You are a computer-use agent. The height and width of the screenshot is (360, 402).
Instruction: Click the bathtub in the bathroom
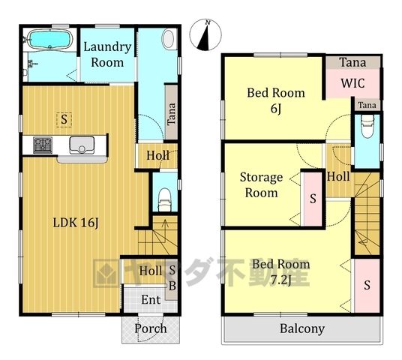click(x=50, y=39)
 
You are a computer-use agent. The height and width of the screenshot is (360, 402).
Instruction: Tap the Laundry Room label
click(x=107, y=55)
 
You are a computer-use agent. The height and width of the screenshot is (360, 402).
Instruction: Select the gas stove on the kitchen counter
click(x=43, y=145)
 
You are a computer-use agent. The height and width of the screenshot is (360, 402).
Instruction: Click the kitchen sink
click(x=82, y=145)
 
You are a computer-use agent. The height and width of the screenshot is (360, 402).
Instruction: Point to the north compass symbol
click(x=205, y=34)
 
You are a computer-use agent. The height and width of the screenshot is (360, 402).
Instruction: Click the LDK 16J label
click(x=76, y=223)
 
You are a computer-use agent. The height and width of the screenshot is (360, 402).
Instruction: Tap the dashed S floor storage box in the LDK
click(x=64, y=120)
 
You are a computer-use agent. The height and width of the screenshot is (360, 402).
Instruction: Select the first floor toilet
click(x=164, y=200)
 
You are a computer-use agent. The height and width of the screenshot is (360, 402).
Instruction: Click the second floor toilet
click(x=367, y=127)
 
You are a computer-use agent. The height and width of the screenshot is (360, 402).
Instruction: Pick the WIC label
click(x=352, y=83)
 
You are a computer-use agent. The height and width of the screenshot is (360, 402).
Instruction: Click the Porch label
click(x=151, y=328)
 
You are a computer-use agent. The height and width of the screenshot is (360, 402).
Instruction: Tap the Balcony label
click(x=302, y=328)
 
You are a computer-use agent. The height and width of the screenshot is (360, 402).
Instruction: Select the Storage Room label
click(x=261, y=184)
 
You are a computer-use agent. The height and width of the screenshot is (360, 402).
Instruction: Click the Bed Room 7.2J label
click(x=281, y=271)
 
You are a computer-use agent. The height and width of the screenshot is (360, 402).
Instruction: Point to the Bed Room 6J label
click(x=276, y=100)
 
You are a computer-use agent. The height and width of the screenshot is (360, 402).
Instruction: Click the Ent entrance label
click(x=151, y=299)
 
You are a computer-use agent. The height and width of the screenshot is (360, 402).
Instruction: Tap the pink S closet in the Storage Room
click(x=313, y=199)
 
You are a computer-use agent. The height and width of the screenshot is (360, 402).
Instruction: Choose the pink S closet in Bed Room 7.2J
click(x=367, y=286)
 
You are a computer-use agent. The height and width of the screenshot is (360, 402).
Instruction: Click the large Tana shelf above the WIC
click(x=352, y=62)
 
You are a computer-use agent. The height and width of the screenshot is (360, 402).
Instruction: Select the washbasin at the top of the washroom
click(x=169, y=39)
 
